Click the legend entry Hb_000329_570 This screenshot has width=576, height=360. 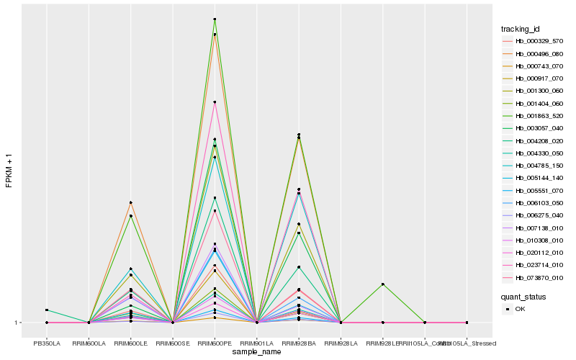tap(534, 41)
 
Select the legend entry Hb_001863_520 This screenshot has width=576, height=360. tap(534, 115)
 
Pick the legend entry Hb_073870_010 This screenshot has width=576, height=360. tap(534, 277)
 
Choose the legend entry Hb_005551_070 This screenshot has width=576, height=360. tap(534, 190)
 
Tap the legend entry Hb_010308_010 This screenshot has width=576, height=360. tap(534, 240)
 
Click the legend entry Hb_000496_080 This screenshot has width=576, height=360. tap(534, 53)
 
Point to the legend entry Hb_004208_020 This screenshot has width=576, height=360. tap(534, 140)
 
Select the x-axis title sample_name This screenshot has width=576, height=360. tap(256, 352)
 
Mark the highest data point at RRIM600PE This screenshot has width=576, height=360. tap(215, 19)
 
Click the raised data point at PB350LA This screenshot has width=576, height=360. tap(47, 310)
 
